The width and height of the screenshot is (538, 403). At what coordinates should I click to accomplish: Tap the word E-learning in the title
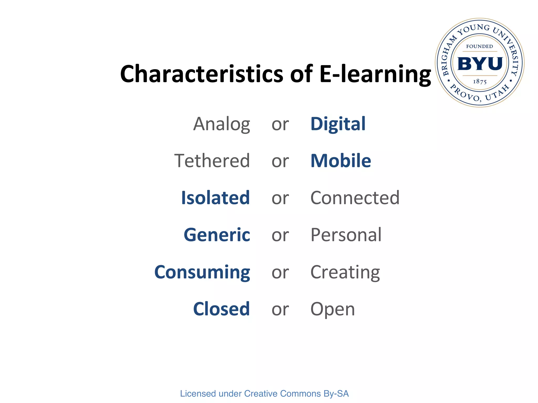pyautogui.click(x=375, y=75)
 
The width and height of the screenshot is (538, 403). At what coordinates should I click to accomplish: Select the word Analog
pyautogui.click(x=222, y=124)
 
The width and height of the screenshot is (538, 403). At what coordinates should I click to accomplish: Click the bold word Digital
pyautogui.click(x=338, y=124)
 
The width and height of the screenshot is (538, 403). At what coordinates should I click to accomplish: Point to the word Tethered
pyautogui.click(x=212, y=161)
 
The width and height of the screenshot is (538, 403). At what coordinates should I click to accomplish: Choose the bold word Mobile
pyautogui.click(x=341, y=161)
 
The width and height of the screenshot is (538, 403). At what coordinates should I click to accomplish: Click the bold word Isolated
pyautogui.click(x=215, y=198)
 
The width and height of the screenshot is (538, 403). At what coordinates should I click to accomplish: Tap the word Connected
pyautogui.click(x=355, y=198)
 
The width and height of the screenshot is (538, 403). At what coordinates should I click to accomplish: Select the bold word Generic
pyautogui.click(x=217, y=235)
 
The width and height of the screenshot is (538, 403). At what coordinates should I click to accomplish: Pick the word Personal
pyautogui.click(x=346, y=235)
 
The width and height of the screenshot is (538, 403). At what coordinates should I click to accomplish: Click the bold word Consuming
pyautogui.click(x=202, y=272)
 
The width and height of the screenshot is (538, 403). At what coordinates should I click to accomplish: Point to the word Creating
pyautogui.click(x=345, y=272)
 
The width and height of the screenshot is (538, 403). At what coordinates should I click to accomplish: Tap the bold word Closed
pyautogui.click(x=221, y=309)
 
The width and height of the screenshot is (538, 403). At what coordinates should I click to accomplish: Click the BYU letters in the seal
pyautogui.click(x=480, y=64)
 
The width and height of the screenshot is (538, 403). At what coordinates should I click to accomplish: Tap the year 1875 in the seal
pyautogui.click(x=480, y=82)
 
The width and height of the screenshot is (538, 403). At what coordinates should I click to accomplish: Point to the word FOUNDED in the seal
pyautogui.click(x=479, y=46)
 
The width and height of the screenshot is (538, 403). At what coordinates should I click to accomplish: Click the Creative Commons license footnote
pyautogui.click(x=264, y=394)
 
